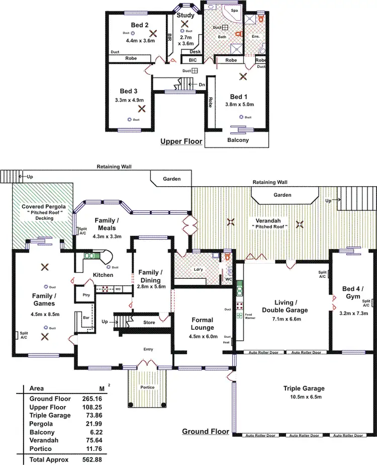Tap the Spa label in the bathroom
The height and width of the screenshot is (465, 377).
pos(234,11)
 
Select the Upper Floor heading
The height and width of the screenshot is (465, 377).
pos(181,141)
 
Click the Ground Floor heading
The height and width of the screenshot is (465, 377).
pos(205,431)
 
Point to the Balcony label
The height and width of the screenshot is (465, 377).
pos(238,140)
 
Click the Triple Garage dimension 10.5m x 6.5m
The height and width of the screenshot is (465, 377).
pos(303,397)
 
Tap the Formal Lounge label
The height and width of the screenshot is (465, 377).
pos(203,324)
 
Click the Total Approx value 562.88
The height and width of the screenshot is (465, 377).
pos(92,459)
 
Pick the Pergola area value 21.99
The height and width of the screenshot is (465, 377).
pos(92,424)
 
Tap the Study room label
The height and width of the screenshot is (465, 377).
pos(185,15)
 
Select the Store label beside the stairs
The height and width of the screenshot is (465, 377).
pos(149,323)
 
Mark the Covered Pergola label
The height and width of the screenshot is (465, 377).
pos(42,207)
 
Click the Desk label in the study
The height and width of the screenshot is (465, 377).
pos(195,51)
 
